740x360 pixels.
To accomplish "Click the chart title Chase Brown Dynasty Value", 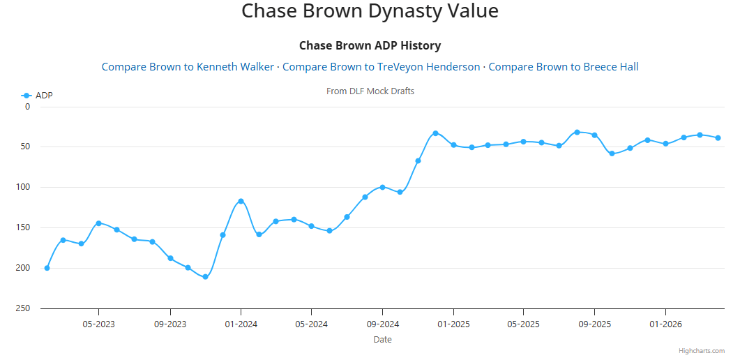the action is pyautogui.click(x=370, y=11).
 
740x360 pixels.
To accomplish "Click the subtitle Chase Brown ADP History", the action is pyautogui.click(x=370, y=46).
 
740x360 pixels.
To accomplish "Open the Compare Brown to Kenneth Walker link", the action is pyautogui.click(x=188, y=67).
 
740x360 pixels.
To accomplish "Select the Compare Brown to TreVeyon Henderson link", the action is pyautogui.click(x=382, y=67).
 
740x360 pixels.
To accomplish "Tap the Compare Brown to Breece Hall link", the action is pyautogui.click(x=564, y=67).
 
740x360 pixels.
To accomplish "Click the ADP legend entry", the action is pyautogui.click(x=37, y=96).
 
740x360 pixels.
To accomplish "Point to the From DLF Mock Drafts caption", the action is pyautogui.click(x=370, y=91).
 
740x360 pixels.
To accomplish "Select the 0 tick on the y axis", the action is pyautogui.click(x=27, y=107).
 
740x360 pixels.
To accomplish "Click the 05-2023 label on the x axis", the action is pyautogui.click(x=99, y=324).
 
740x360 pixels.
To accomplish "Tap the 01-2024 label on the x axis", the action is pyautogui.click(x=241, y=324).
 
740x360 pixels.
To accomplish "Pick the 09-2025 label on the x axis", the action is pyautogui.click(x=595, y=324).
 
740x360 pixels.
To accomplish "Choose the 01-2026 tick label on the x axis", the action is pyautogui.click(x=665, y=324).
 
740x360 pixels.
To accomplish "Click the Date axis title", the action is pyautogui.click(x=382, y=339).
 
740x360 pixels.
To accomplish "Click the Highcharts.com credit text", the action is pyautogui.click(x=702, y=350).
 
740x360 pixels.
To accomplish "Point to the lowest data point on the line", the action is pyautogui.click(x=205, y=277).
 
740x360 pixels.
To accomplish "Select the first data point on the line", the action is pyautogui.click(x=47, y=268).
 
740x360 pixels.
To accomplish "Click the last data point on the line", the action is pyautogui.click(x=718, y=137).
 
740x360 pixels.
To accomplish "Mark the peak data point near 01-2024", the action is pyautogui.click(x=241, y=201).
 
